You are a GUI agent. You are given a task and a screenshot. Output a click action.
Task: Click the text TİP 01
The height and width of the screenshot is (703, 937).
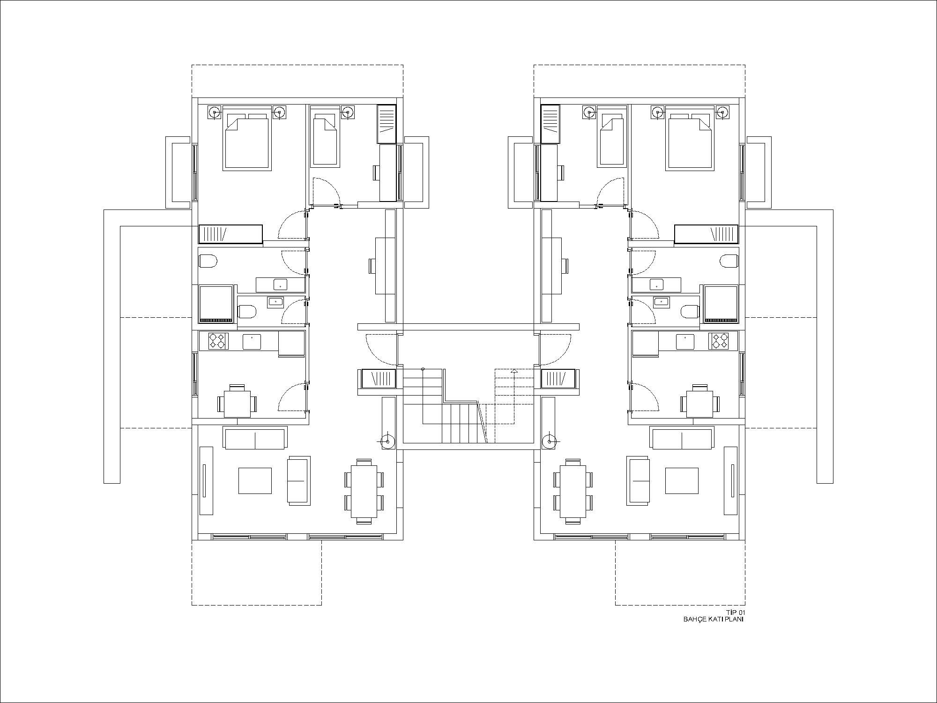[735, 613]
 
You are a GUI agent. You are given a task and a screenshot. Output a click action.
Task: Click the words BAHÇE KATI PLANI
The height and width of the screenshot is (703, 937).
[714, 619]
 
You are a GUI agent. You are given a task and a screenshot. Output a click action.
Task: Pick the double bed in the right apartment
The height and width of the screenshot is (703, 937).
[690, 139]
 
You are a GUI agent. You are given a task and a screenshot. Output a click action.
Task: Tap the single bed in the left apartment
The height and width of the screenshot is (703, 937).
[325, 139]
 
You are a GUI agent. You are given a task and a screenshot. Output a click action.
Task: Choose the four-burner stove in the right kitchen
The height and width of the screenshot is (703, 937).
[719, 341]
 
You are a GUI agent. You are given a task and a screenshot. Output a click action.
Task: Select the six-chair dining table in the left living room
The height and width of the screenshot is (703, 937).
[364, 491]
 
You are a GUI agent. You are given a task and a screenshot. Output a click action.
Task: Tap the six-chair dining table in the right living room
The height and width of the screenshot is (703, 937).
[573, 491]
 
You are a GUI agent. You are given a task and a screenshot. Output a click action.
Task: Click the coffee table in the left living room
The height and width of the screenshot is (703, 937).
[255, 480]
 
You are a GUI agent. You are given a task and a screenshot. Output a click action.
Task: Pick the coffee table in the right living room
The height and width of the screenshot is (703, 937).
[682, 480]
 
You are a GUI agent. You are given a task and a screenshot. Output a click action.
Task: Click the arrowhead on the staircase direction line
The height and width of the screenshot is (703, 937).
[514, 371]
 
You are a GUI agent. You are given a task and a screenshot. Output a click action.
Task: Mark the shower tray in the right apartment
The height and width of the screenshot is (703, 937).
[721, 304]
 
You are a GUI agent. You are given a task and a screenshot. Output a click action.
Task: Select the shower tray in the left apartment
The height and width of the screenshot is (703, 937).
[216, 304]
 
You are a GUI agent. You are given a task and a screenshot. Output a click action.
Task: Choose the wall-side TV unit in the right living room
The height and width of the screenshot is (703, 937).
[731, 480]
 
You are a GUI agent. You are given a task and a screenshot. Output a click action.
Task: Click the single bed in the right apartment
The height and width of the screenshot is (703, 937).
[612, 139]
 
